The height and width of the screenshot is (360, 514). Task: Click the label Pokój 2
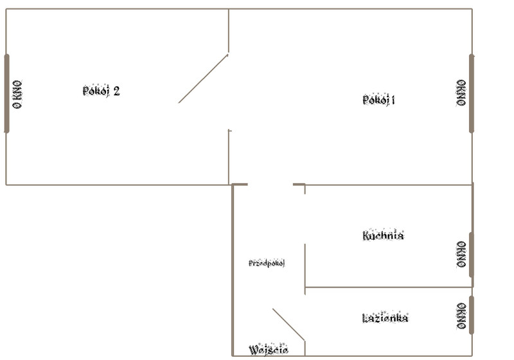coord(101,91)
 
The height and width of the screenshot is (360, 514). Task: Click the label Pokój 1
coord(378,100)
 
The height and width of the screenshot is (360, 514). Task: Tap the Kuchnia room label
coord(383,235)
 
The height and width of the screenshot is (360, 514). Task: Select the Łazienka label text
coord(385,318)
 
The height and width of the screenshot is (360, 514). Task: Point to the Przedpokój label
coord(267,263)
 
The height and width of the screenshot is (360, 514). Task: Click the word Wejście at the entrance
coord(269,350)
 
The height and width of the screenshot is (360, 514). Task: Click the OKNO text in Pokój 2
coord(17,94)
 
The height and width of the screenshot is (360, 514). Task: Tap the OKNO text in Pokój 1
coord(461,93)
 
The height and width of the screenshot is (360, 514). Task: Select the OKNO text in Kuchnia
coord(461,255)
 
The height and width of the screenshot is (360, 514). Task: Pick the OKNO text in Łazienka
coord(461,316)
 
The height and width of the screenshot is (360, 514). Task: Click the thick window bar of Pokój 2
coord(7,94)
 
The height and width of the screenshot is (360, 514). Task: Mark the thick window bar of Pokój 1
coord(472,94)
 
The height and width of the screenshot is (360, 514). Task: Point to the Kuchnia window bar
coord(472,255)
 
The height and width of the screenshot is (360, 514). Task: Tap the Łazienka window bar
coord(472,315)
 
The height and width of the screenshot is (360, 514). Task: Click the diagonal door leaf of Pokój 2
coord(203,78)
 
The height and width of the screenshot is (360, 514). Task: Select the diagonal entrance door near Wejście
coord(288,325)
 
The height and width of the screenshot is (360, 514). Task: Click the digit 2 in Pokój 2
coord(116,91)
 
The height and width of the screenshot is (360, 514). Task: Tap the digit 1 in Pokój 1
coord(393,100)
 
